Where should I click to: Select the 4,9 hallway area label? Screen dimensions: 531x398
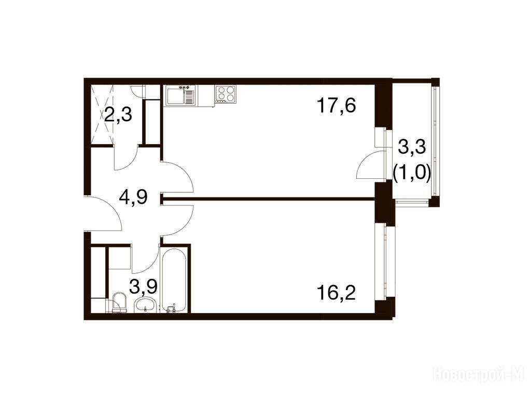pyautogui.click(x=133, y=197)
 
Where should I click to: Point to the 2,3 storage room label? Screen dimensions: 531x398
pyautogui.click(x=118, y=115)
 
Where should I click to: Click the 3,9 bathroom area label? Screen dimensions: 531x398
pyautogui.click(x=144, y=287)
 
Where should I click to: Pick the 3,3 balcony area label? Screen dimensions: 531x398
pyautogui.click(x=412, y=148)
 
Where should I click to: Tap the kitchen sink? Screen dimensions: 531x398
pyautogui.click(x=180, y=96)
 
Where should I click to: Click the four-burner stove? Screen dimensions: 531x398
pyautogui.click(x=226, y=94)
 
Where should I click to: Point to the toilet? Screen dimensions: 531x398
pyautogui.click(x=118, y=302)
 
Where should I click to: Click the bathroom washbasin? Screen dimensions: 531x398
pyautogui.click(x=145, y=305)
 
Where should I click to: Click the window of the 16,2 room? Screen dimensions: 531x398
pyautogui.click(x=386, y=261)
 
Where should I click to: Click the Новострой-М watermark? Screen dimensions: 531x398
pyautogui.click(x=481, y=375)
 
